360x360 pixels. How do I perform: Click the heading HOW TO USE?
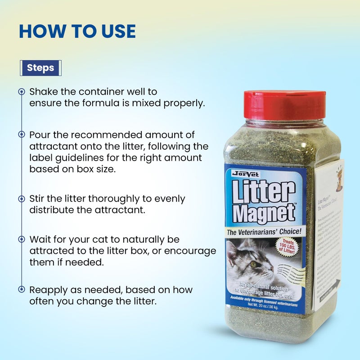pos(77,31)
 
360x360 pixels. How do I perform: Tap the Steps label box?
pos(40,68)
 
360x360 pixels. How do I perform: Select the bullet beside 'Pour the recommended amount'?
pos(21,135)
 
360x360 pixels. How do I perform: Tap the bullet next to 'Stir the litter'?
pos(21,198)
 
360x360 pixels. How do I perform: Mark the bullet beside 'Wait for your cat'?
pos(21,239)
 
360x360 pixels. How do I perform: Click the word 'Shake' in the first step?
pos(44,92)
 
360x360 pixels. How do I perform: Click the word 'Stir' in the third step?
pos(38,198)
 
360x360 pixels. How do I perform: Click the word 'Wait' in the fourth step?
pos(40,239)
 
